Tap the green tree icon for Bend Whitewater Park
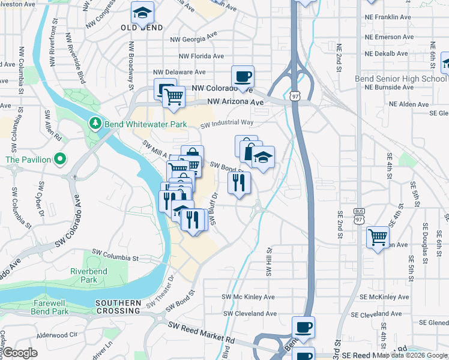pos(94,123)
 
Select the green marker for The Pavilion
pos(59,159)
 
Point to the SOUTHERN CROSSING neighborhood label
pos(118,307)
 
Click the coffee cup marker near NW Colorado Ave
pos(243,77)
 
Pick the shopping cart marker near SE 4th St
pos(378,238)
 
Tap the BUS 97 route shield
pos(360,215)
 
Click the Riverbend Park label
pos(83,275)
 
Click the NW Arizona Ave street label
pos(236,103)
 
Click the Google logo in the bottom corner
pos(20,353)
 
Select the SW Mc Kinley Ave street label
pos(248,297)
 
